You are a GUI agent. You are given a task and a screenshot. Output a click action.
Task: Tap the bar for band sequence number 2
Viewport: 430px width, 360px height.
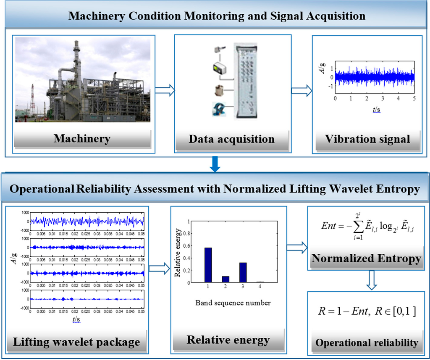[x=225, y=279]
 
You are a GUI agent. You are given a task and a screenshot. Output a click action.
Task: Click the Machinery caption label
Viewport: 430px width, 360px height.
[x=82, y=138]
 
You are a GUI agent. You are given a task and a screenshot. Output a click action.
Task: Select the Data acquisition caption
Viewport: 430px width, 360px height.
[x=232, y=139]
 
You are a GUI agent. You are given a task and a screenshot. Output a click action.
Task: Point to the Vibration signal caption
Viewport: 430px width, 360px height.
[x=367, y=139]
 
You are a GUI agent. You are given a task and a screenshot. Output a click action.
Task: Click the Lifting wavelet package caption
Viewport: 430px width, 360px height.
[x=76, y=342]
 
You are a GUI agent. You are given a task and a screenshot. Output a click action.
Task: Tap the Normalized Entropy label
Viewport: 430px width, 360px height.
[x=366, y=258]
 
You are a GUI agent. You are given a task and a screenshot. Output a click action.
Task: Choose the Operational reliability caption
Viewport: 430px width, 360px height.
[x=367, y=343]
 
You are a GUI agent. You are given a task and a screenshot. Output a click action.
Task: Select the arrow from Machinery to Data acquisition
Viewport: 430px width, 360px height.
[x=164, y=90]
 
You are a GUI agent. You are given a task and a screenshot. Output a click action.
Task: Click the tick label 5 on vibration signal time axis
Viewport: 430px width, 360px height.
[x=414, y=98]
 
